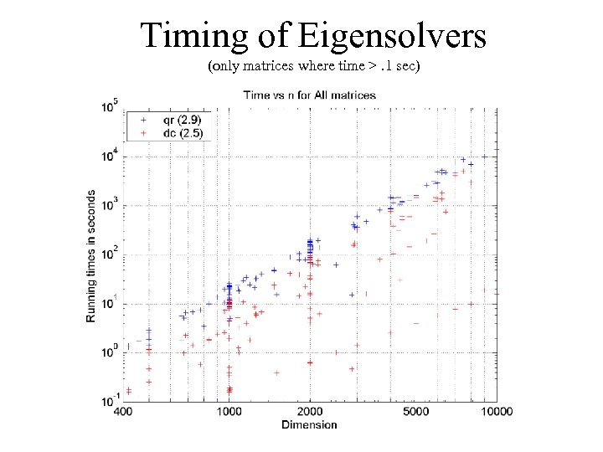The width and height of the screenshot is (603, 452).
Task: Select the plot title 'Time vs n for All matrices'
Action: (x=309, y=95)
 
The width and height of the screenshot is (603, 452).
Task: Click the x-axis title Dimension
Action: (x=309, y=424)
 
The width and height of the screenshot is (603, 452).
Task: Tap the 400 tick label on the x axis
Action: (x=122, y=412)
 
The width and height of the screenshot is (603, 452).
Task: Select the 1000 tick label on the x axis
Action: (x=229, y=412)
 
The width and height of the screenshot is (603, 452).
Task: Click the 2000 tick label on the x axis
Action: (x=309, y=412)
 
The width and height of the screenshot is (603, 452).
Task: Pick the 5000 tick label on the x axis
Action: (x=415, y=412)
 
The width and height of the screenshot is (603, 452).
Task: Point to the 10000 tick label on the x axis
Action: (x=495, y=412)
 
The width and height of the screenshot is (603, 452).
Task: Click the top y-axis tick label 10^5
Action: (x=110, y=107)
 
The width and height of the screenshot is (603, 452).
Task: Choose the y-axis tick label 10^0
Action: (x=110, y=352)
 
